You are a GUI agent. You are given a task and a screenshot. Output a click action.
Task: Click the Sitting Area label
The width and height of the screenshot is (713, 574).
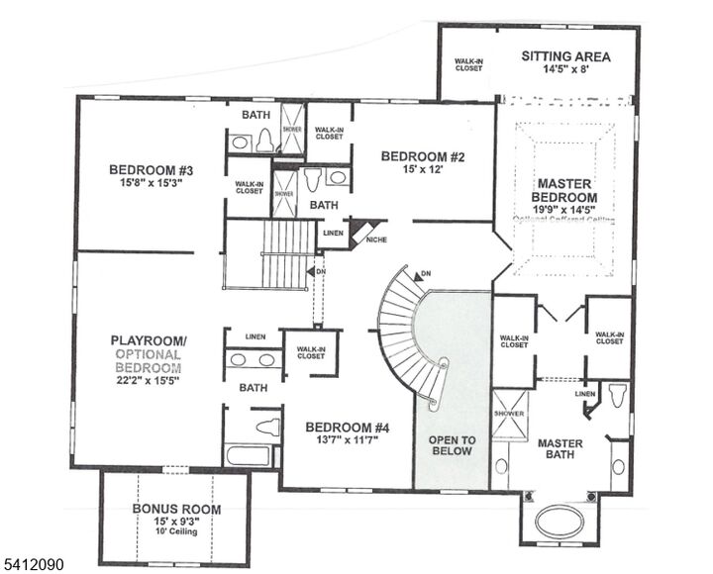(x=565, y=56)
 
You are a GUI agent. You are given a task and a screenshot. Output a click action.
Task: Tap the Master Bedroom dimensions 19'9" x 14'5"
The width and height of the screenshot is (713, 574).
(x=564, y=209)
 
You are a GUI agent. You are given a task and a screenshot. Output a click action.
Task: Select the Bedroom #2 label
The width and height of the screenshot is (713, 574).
(x=423, y=156)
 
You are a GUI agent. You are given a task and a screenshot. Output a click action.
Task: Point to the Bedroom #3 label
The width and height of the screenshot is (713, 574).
(x=151, y=170)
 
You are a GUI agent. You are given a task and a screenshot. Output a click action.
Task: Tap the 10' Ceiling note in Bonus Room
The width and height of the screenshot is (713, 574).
(x=176, y=531)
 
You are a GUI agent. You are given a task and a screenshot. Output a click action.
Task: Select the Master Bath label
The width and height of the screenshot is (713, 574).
(x=560, y=449)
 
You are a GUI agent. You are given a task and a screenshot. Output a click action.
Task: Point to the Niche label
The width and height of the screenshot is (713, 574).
(x=375, y=239)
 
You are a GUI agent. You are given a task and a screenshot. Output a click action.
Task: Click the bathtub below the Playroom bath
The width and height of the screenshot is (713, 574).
(x=248, y=455)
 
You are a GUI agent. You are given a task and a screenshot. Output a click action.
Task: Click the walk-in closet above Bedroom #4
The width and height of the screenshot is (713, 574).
(x=311, y=353)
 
